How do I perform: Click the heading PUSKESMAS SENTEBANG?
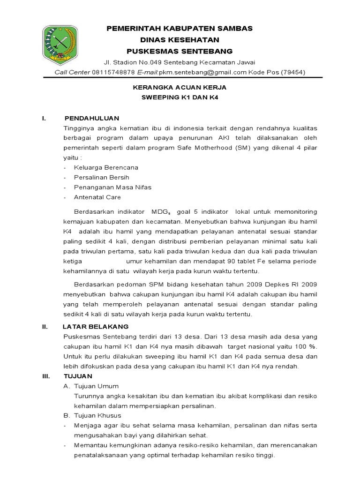[x=180, y=51]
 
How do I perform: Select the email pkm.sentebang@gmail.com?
[x=202, y=72]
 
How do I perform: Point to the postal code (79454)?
[x=292, y=72]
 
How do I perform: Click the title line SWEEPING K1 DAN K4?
[x=180, y=97]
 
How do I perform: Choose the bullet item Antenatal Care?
[x=97, y=197]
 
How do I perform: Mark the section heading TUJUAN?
[x=78, y=376]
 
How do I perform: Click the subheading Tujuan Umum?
[x=96, y=386]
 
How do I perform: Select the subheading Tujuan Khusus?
[x=97, y=415]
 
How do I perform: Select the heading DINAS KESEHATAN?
[x=180, y=39]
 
